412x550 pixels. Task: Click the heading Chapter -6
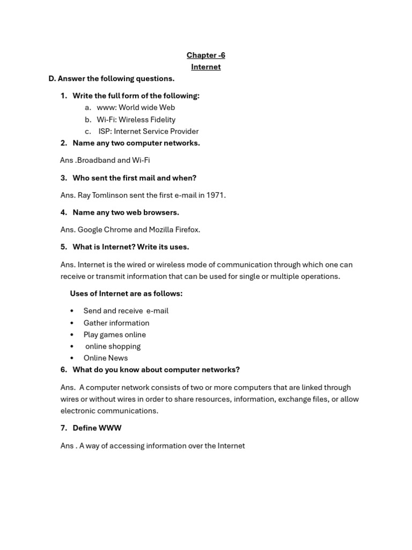205,55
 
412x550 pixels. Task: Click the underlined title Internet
205,67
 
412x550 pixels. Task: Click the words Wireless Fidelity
146,119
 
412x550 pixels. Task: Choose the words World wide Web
146,107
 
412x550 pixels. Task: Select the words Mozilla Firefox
174,229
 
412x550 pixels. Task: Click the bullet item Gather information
116,323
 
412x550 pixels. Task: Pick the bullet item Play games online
114,335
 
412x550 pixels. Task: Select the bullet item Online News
105,358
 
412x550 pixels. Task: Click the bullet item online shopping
113,346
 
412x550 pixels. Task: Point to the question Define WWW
97,428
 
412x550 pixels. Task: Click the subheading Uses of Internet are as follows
126,293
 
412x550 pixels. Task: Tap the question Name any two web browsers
126,212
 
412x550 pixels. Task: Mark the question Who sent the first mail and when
134,178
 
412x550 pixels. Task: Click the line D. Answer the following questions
112,78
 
